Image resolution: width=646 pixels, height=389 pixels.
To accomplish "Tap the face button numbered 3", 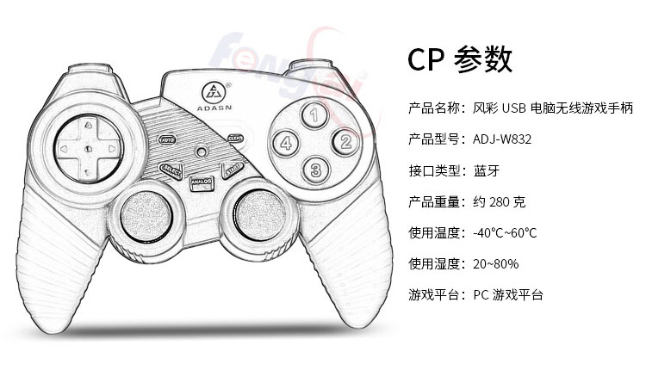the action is point(315,169).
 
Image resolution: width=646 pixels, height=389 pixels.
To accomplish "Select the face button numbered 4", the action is point(287,142).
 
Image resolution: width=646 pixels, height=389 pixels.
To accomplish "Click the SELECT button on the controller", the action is point(171,169).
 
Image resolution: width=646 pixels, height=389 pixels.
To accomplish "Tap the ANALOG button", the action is point(202,182).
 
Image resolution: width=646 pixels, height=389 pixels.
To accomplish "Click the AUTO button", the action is point(168,139).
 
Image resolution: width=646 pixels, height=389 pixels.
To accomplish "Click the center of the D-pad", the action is point(87,148).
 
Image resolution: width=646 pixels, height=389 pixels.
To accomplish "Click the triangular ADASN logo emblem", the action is point(213,90).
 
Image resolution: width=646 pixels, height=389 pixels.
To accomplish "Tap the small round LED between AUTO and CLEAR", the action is point(202,151).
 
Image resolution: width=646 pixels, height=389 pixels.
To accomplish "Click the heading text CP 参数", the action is point(460,59).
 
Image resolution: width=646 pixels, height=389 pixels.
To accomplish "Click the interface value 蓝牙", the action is point(487,170).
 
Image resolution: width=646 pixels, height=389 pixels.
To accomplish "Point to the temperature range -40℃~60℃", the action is point(505,233).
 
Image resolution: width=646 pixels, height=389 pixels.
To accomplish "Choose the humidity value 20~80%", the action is point(496,264).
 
